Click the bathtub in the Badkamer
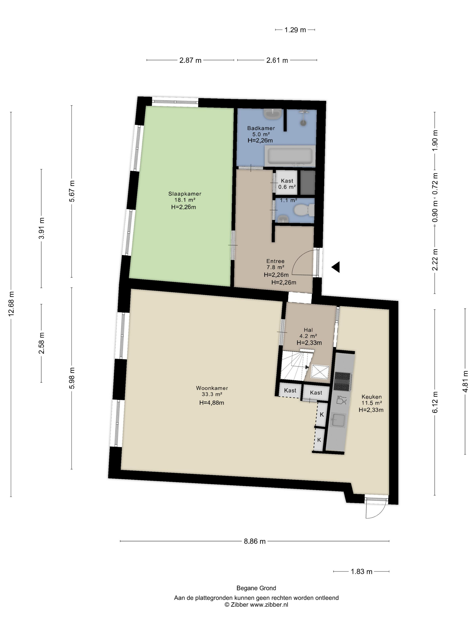(290, 155)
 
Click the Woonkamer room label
(212, 388)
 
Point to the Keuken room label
(371, 397)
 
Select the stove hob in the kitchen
(342, 382)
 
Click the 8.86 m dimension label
(255, 541)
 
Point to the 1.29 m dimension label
(295, 30)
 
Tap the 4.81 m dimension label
(465, 382)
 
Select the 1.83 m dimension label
(362, 572)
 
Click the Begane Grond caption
(256, 588)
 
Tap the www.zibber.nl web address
(269, 605)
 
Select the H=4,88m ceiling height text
(212, 403)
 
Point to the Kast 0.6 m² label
(287, 184)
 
